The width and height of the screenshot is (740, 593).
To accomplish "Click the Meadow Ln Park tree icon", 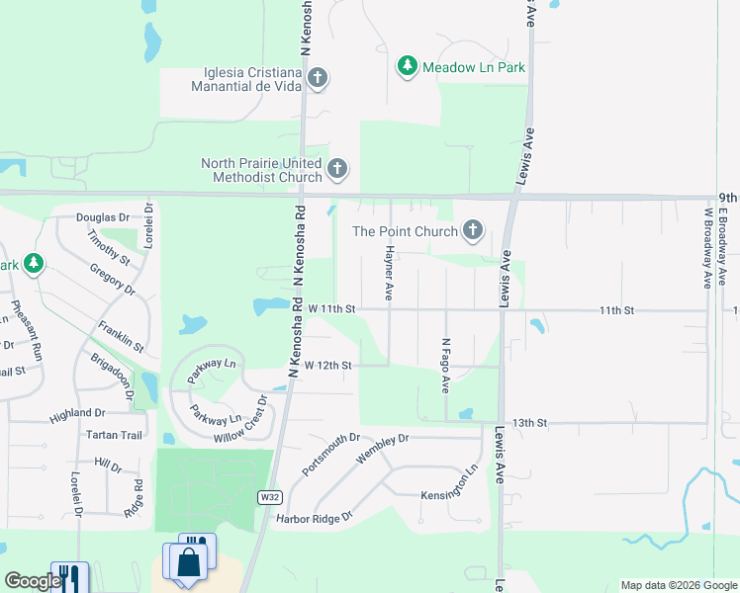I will (x=407, y=66).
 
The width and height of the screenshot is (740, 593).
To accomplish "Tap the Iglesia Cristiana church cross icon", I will (x=318, y=77).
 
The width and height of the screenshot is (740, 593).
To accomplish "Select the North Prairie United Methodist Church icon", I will (x=337, y=169).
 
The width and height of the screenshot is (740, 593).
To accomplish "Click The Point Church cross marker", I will (x=473, y=231).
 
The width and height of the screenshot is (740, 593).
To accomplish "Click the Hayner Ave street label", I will (x=390, y=274).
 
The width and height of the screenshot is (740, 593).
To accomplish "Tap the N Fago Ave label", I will (x=446, y=365).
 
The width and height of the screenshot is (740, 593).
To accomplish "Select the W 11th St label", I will (x=330, y=309).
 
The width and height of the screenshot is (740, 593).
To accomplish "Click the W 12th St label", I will (x=328, y=366).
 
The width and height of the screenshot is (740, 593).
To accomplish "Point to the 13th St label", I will (x=530, y=423).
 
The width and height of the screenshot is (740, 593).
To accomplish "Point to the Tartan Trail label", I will (x=115, y=435).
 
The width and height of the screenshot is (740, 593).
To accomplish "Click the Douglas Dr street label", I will (x=103, y=217).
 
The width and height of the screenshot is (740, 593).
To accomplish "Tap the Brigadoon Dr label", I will (x=113, y=377).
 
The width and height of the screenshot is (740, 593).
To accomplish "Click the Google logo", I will (x=33, y=581).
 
